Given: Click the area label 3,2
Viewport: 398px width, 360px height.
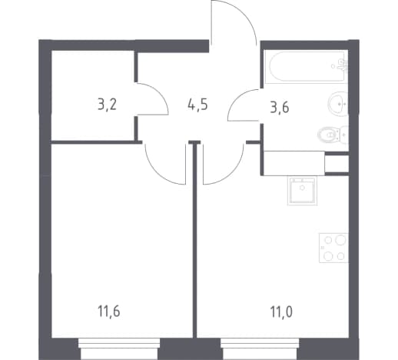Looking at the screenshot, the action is (107, 105).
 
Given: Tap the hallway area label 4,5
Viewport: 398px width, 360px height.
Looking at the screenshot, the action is (197, 105).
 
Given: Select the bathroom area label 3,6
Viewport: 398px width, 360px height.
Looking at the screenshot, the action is (280, 108).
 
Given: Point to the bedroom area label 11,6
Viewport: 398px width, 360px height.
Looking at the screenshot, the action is (109, 312).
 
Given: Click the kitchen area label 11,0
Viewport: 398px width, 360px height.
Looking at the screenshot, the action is (281, 312).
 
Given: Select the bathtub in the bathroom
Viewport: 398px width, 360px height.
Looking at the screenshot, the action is (305, 67).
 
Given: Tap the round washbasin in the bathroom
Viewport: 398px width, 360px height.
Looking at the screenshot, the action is (337, 104).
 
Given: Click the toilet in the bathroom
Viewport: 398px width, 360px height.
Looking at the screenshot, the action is (333, 134).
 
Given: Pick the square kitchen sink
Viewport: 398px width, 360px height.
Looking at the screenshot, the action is (302, 190).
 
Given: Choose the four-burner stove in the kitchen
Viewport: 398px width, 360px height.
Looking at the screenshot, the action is (333, 248).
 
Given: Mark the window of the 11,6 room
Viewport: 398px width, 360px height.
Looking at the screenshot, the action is (119, 348).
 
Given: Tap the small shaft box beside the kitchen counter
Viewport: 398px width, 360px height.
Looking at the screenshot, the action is (337, 164).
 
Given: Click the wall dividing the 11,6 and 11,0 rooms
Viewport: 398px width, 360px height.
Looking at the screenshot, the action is (194, 240).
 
